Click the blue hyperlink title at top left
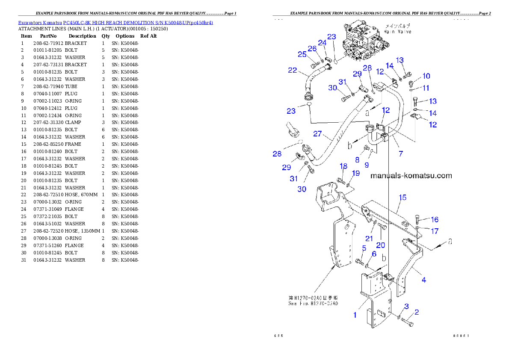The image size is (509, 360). click(x=115, y=23)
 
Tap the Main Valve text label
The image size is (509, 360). click(x=397, y=29)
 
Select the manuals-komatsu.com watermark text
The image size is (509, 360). click(x=411, y=176)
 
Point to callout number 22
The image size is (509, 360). click(x=293, y=70)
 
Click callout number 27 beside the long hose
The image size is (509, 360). click(x=317, y=134)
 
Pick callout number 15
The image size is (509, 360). click(x=402, y=198)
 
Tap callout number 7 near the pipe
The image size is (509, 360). click(x=401, y=154)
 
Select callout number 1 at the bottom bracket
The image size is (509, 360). click(x=355, y=315)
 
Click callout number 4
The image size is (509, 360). click(x=423, y=280)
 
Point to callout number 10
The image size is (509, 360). click(x=426, y=76)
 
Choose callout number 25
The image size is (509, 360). click(x=302, y=54)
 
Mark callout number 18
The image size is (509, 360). click(x=343, y=166)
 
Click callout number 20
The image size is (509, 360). click(x=380, y=245)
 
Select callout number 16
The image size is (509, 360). click(x=434, y=219)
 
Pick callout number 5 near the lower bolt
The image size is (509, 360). click(x=364, y=248)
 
